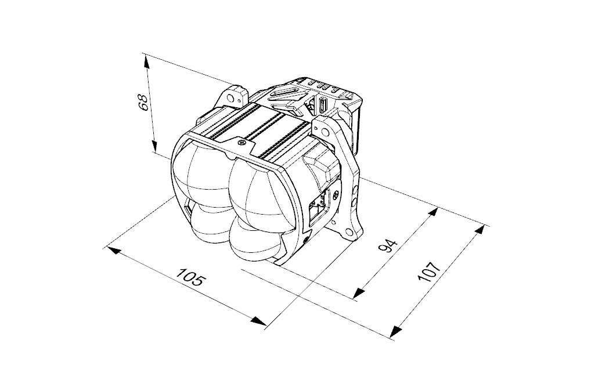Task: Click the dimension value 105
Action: click(189, 276)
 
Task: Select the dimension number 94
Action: click(387, 246)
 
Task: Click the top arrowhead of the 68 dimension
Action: click(147, 61)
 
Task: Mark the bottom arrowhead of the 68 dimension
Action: click(154, 146)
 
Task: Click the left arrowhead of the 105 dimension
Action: click(114, 251)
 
